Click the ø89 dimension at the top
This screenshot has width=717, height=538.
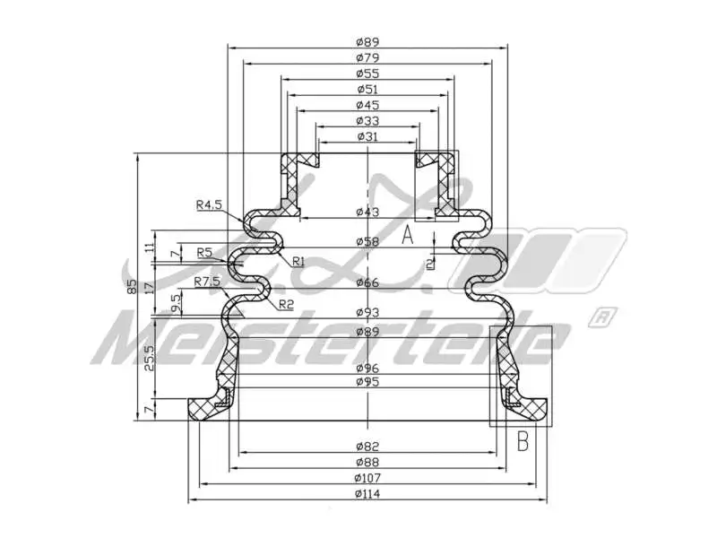[368, 40]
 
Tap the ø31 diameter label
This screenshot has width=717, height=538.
[368, 136]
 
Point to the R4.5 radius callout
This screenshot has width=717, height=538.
[209, 204]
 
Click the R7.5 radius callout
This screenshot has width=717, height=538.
[208, 282]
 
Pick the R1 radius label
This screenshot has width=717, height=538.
[299, 262]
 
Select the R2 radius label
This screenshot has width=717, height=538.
[286, 305]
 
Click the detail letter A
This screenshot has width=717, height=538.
[407, 236]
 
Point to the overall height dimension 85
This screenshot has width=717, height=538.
[132, 286]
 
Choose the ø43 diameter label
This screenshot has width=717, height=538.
[368, 212]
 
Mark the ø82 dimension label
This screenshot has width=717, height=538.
[368, 447]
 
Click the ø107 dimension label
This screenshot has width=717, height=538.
[368, 479]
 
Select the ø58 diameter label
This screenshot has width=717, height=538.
[368, 242]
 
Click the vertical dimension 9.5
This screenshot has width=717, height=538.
[176, 303]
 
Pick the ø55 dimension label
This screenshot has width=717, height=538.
[368, 73]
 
